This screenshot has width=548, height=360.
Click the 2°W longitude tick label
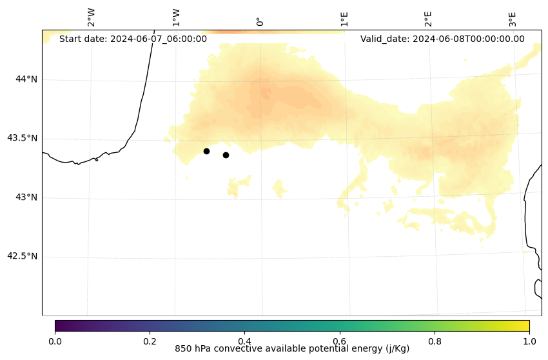pos(92,18)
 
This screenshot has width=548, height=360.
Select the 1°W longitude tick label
pos(176,18)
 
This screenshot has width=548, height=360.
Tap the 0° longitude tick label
pos(260,21)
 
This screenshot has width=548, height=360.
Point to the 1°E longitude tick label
pos(344,19)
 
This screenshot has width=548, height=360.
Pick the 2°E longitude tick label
pos(428,19)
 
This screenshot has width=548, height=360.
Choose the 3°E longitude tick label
pos(513,19)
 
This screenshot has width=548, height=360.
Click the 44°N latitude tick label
pos(26,79)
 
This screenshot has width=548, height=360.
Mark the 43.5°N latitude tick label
pos(22,138)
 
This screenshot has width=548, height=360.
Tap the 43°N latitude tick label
pos(26,197)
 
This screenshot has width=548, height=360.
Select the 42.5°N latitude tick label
pos(22,256)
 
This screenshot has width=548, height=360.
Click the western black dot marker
pos(206,151)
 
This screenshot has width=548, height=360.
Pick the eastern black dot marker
pos(226,155)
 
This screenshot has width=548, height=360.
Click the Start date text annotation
pos(133,39)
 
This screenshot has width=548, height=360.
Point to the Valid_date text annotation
pos(442,39)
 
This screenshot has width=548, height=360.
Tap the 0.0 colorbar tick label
pos(55,341)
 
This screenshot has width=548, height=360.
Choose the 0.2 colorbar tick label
pos(150,341)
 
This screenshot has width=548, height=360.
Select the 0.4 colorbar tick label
pos(244,341)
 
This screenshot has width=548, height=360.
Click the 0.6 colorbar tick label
pos(339,341)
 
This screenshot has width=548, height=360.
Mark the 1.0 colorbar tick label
pos(529,341)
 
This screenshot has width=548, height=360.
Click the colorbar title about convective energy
pos(292,349)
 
